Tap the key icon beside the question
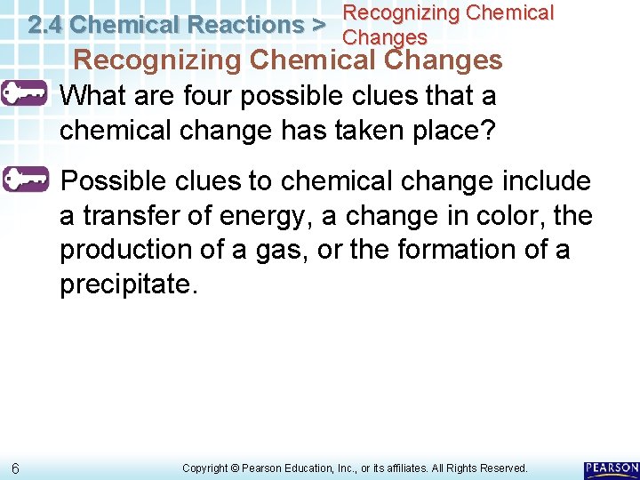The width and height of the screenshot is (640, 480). click(25, 93)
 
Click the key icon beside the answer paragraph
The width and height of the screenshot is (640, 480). click(25, 180)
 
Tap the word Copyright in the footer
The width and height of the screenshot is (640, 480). click(205, 468)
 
